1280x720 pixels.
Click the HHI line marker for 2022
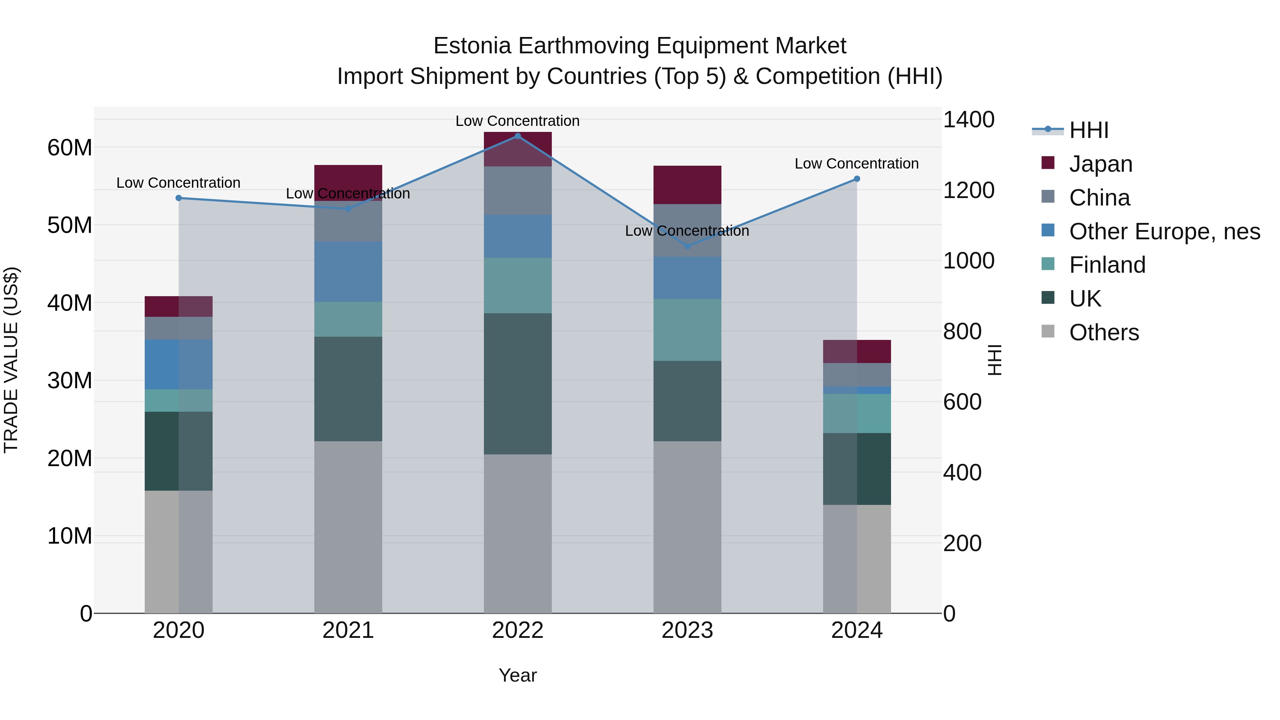click(517, 136)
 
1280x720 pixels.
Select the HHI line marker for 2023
click(687, 246)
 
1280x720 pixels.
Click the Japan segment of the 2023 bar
click(687, 185)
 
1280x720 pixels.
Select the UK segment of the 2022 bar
click(517, 384)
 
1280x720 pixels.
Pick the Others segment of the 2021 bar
click(348, 527)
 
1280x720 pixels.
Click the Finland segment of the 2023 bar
click(687, 330)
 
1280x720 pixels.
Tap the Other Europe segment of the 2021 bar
click(348, 272)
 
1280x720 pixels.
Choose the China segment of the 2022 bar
click(517, 191)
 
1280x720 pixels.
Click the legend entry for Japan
click(1100, 164)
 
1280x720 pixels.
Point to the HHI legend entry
click(1088, 130)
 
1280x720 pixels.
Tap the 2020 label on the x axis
click(178, 630)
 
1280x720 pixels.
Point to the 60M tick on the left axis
click(70, 148)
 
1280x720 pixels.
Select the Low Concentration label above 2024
click(856, 164)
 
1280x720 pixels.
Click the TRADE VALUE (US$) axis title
click(11, 360)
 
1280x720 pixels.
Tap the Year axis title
click(517, 675)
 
